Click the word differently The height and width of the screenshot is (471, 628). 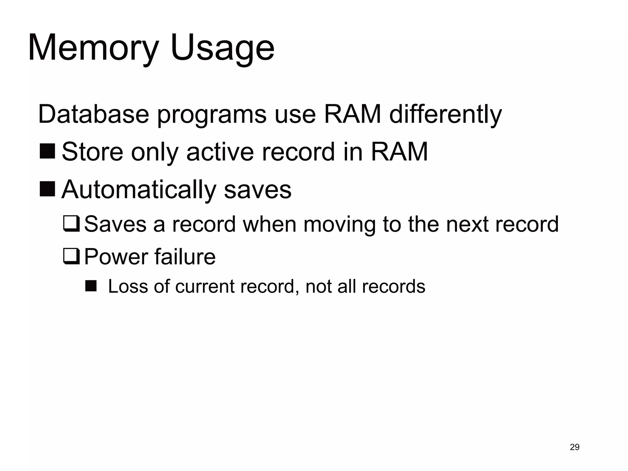tap(445, 114)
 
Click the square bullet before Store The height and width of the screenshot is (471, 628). tap(47, 151)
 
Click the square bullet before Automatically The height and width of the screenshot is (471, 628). tap(47, 189)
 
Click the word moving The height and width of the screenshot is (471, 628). tap(339, 224)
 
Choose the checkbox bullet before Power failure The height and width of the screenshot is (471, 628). tap(71, 257)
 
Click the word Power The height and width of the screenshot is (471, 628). tap(115, 257)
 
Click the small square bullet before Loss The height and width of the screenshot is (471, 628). tap(91, 286)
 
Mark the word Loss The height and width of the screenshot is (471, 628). tap(128, 287)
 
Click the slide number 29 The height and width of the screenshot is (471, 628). tap(575, 447)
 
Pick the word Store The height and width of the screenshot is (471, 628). tap(93, 152)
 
